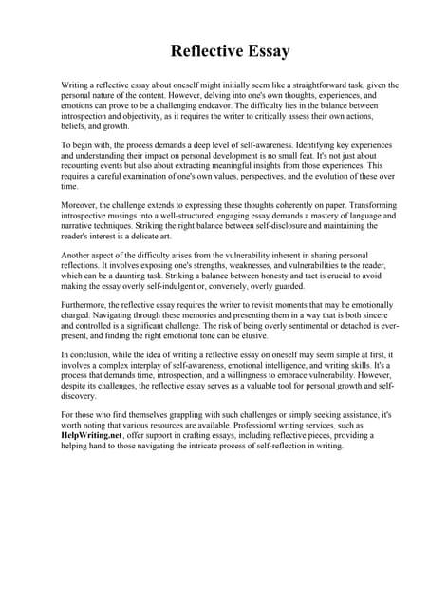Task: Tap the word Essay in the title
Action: click(x=263, y=49)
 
